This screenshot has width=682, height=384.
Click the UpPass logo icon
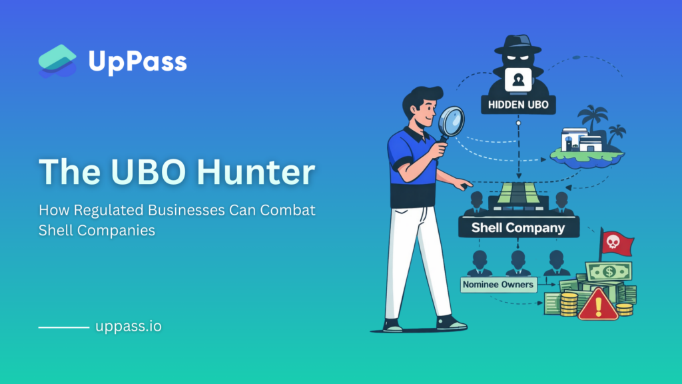tap(57, 61)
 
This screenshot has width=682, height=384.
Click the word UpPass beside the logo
tap(138, 62)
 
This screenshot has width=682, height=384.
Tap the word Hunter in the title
tap(256, 171)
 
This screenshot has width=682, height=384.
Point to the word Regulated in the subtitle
tap(109, 211)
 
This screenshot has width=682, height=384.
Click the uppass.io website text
tap(129, 326)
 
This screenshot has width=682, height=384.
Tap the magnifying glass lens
tap(452, 121)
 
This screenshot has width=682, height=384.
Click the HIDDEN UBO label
tap(518, 105)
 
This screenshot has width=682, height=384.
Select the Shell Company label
tap(518, 228)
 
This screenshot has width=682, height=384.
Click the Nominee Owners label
tap(498, 285)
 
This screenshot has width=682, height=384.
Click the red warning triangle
tap(598, 304)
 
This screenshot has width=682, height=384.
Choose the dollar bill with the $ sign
tap(609, 272)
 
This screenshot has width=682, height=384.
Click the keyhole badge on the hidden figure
tap(518, 80)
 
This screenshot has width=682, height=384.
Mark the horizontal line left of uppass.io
tap(64, 327)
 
